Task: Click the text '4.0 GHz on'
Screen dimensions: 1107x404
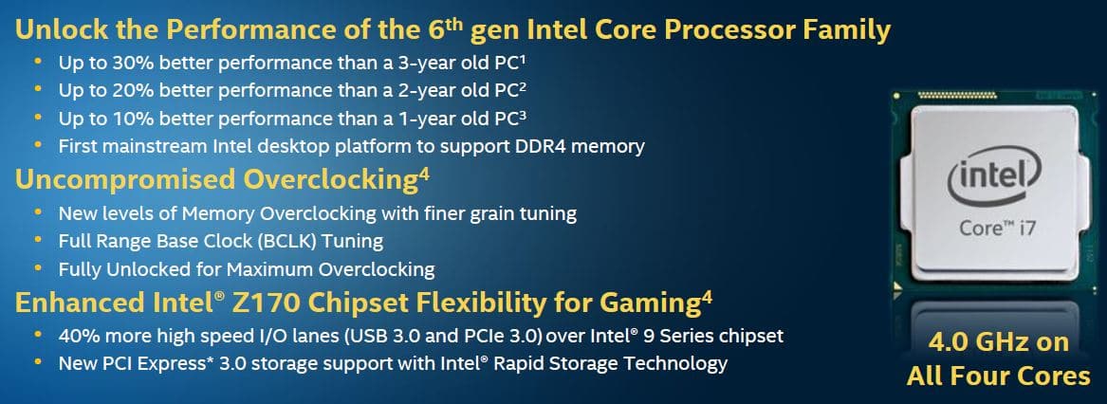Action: [x=998, y=343]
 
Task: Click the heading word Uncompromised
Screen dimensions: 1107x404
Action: [x=125, y=180]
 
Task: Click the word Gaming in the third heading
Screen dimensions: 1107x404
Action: [x=651, y=303]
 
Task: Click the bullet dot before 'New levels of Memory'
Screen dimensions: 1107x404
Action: [x=38, y=212]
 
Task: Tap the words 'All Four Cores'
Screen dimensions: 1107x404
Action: [x=998, y=376]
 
